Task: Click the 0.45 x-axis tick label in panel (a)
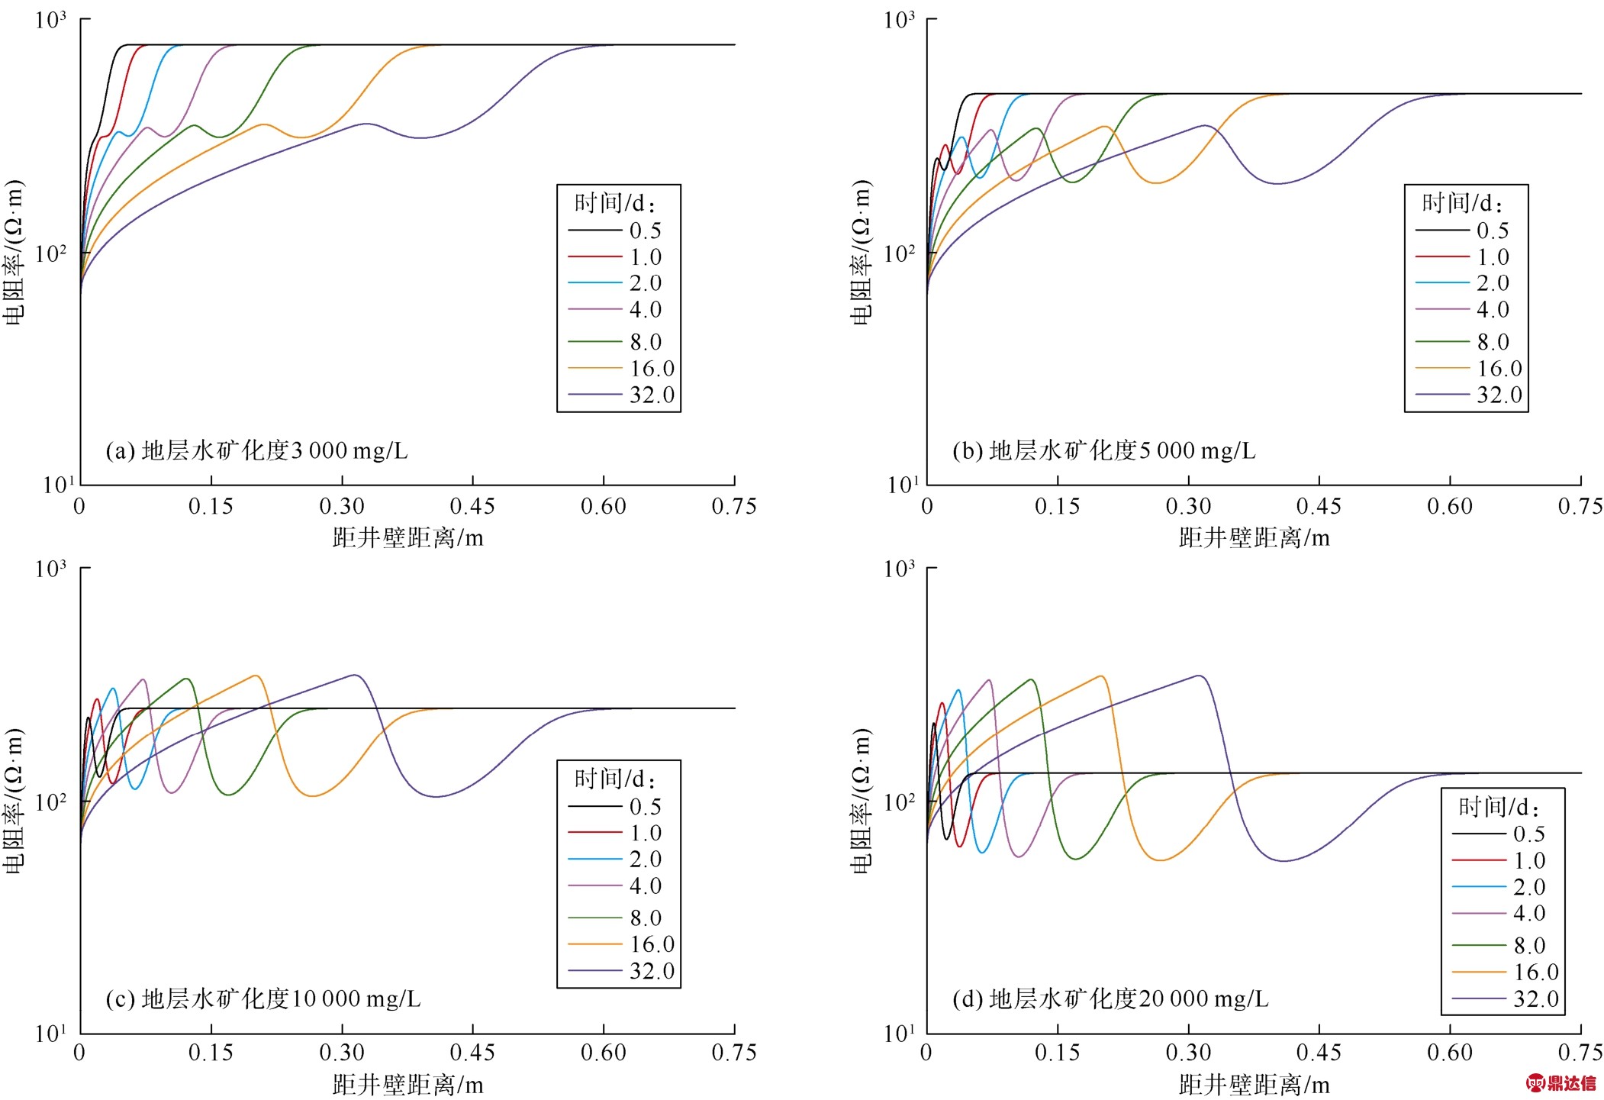pos(472,506)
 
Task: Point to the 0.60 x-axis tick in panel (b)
pos(1449,506)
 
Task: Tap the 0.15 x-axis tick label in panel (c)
pos(211,1053)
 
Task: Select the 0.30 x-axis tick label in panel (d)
pos(1188,1053)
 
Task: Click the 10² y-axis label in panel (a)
pos(51,252)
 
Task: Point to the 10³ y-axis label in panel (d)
pos(899,569)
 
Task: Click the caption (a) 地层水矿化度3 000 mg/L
pos(256,450)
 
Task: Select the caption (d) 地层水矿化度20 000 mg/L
pos(1110,998)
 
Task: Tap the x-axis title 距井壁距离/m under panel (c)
pos(407,1085)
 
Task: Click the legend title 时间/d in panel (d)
pos(1499,807)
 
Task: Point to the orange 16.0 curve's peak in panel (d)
pos(1100,676)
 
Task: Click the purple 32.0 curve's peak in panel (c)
pos(355,675)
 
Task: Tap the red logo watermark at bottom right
pos(1561,1082)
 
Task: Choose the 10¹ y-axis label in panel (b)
pos(900,485)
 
